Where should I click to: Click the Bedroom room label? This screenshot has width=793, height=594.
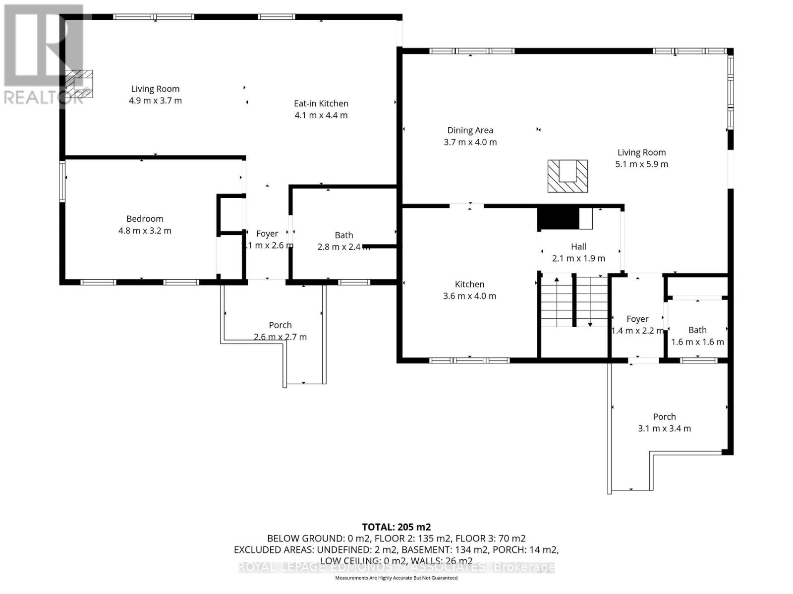145,219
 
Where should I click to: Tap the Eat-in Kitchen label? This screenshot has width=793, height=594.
321,103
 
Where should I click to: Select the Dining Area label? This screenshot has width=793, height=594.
470,130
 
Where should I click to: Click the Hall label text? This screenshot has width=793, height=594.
578,247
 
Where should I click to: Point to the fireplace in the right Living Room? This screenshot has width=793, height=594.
567,176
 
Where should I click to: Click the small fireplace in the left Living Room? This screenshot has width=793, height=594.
80,83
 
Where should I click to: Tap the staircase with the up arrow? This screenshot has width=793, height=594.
557,302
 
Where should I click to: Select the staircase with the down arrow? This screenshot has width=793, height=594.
590,302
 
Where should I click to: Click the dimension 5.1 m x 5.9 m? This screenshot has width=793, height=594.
641,164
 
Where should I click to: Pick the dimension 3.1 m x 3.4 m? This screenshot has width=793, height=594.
664,429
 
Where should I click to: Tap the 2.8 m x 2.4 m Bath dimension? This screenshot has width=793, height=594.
343,247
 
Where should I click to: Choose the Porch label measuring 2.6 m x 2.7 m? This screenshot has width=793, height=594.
280,325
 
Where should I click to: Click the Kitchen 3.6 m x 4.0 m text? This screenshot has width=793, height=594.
469,296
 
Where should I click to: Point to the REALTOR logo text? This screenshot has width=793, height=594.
44,97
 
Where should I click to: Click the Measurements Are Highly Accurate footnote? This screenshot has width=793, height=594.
396,578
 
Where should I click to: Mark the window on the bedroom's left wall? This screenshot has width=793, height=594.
62,181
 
